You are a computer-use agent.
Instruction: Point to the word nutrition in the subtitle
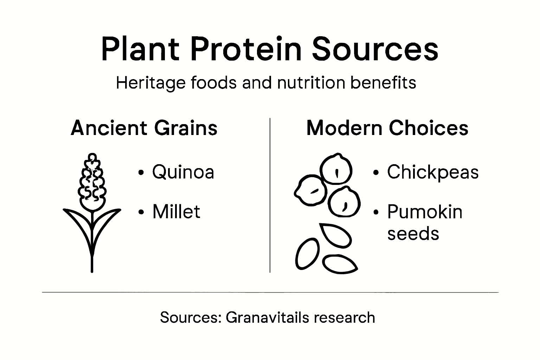[x=311, y=83]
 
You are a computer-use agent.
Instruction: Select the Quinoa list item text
[x=183, y=172]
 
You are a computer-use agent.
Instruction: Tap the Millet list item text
[x=176, y=212]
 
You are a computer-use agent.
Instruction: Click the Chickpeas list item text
[x=433, y=172]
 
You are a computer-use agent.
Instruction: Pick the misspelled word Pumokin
[x=425, y=212]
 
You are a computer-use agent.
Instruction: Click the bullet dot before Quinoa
[x=141, y=173]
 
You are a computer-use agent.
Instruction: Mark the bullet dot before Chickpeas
[x=376, y=173]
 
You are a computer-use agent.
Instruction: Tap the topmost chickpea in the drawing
[x=336, y=169]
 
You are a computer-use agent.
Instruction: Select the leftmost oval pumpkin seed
[x=307, y=254]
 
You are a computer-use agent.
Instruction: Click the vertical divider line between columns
[x=270, y=195]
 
